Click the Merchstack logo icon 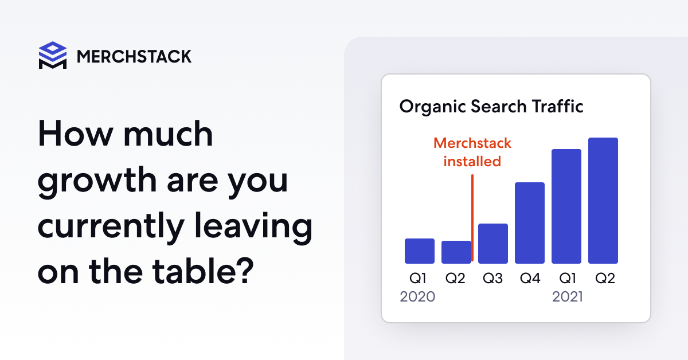click(52, 56)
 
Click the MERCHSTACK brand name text click(134, 56)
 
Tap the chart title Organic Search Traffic click(491, 107)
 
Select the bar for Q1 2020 click(420, 251)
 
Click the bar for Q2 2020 click(456, 252)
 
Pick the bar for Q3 click(493, 244)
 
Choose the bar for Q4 click(530, 223)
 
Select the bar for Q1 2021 click(566, 206)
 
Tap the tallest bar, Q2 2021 click(603, 201)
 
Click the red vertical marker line click(472, 218)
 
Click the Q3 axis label click(493, 279)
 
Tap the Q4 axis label click(530, 279)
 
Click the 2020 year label click(417, 297)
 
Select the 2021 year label click(568, 297)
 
